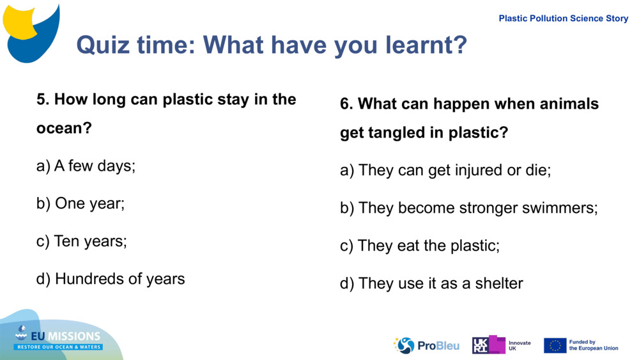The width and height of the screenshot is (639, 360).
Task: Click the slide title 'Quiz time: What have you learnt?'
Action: pyautogui.click(x=272, y=45)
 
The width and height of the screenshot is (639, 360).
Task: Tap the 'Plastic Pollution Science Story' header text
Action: pyautogui.click(x=563, y=19)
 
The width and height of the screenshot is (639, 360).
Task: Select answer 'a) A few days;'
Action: pyautogui.click(x=86, y=166)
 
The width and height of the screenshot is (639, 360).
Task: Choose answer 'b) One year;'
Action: pyautogui.click(x=81, y=203)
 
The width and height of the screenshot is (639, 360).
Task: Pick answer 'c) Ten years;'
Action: pyautogui.click(x=82, y=241)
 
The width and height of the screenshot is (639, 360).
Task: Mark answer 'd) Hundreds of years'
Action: pyautogui.click(x=111, y=279)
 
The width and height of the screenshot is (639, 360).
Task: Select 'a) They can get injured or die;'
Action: pyautogui.click(x=445, y=171)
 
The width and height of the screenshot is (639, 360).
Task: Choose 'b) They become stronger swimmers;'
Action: pyautogui.click(x=468, y=208)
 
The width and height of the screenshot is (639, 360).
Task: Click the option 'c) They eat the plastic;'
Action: pyautogui.click(x=420, y=246)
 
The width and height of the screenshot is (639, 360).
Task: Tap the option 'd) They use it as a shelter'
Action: pyautogui.click(x=431, y=283)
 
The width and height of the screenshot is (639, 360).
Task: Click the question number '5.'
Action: pyautogui.click(x=43, y=100)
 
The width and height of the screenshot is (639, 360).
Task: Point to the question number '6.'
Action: pyautogui.click(x=346, y=104)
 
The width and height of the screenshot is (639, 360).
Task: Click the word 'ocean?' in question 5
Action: pyautogui.click(x=64, y=129)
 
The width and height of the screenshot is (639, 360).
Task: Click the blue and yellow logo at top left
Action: pyautogui.click(x=31, y=32)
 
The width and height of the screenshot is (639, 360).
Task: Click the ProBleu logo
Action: pyautogui.click(x=426, y=345)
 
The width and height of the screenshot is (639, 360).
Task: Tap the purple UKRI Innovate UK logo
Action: pyautogui.click(x=489, y=345)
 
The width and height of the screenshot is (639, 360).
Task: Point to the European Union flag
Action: pyautogui.click(x=555, y=345)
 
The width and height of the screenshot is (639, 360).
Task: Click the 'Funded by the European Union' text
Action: pyautogui.click(x=593, y=345)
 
